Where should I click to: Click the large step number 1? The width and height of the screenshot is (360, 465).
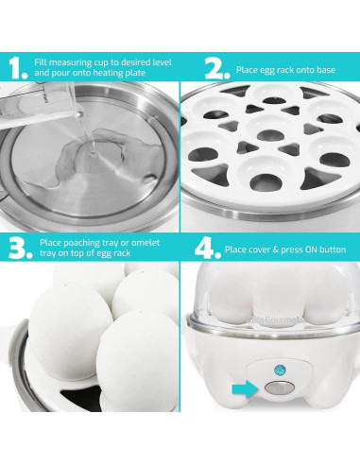click(x=16, y=67)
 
